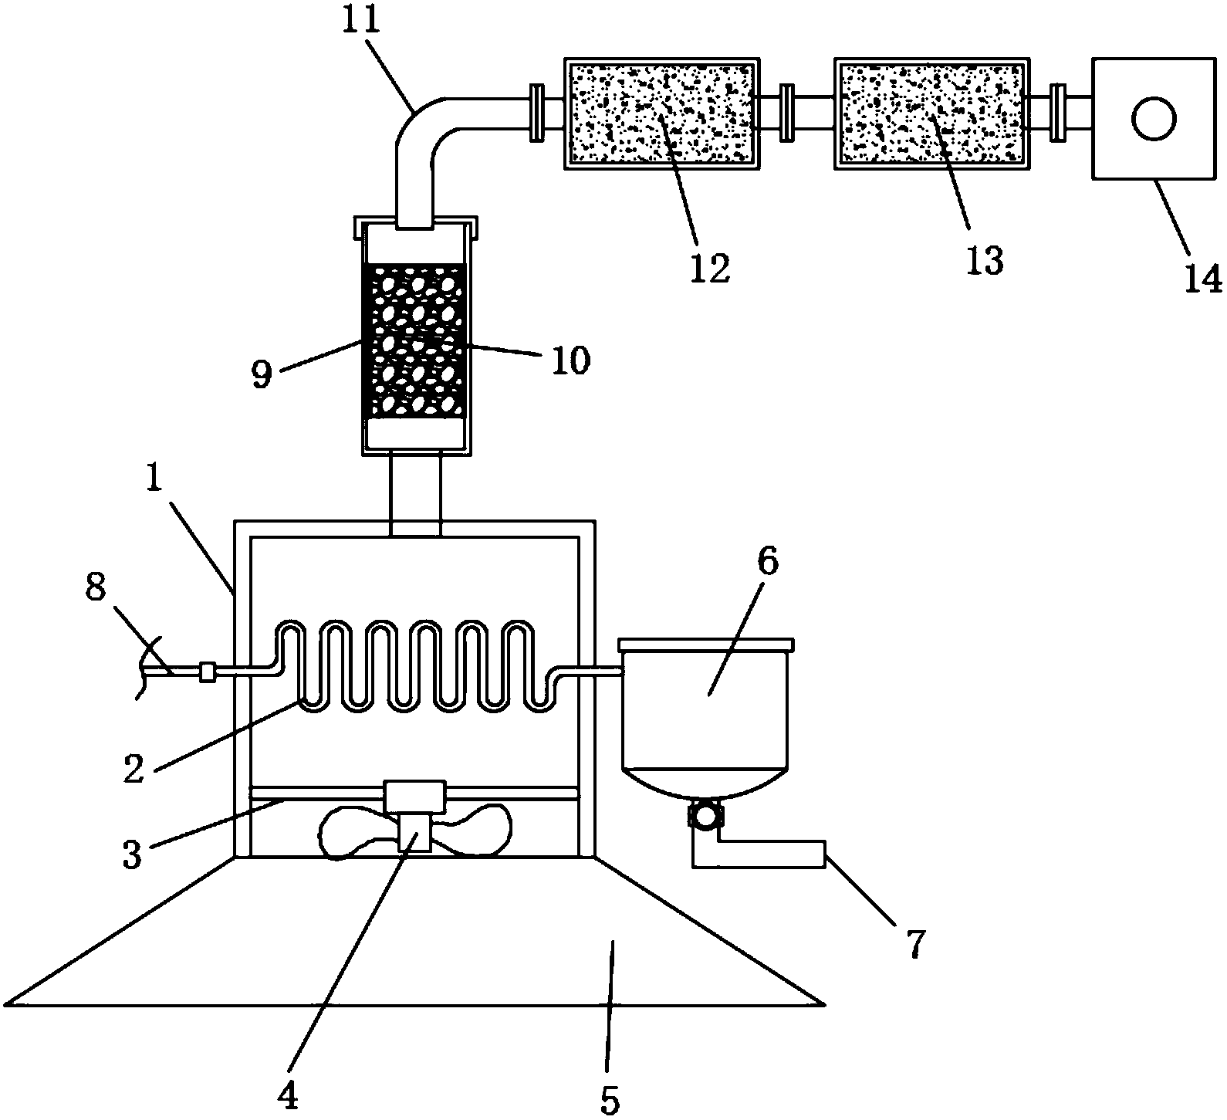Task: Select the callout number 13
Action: point(985,261)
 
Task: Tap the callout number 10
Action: point(570,360)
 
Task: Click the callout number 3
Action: point(133,855)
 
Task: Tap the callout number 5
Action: point(610,1101)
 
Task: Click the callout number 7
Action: point(912,943)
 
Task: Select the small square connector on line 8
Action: point(207,672)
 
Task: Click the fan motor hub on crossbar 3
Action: point(414,797)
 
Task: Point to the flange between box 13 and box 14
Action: point(1058,113)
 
